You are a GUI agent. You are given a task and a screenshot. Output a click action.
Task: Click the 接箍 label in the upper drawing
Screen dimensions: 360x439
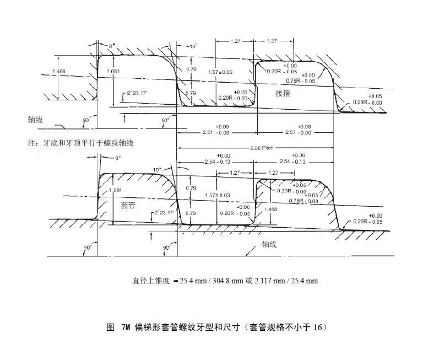click(x=283, y=94)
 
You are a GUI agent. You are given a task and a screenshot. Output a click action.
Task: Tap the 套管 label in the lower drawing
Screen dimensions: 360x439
click(x=128, y=203)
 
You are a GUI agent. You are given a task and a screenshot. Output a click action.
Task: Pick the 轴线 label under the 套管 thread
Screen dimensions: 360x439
click(x=269, y=243)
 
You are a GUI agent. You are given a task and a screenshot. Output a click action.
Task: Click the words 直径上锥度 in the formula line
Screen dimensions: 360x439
click(x=150, y=281)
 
